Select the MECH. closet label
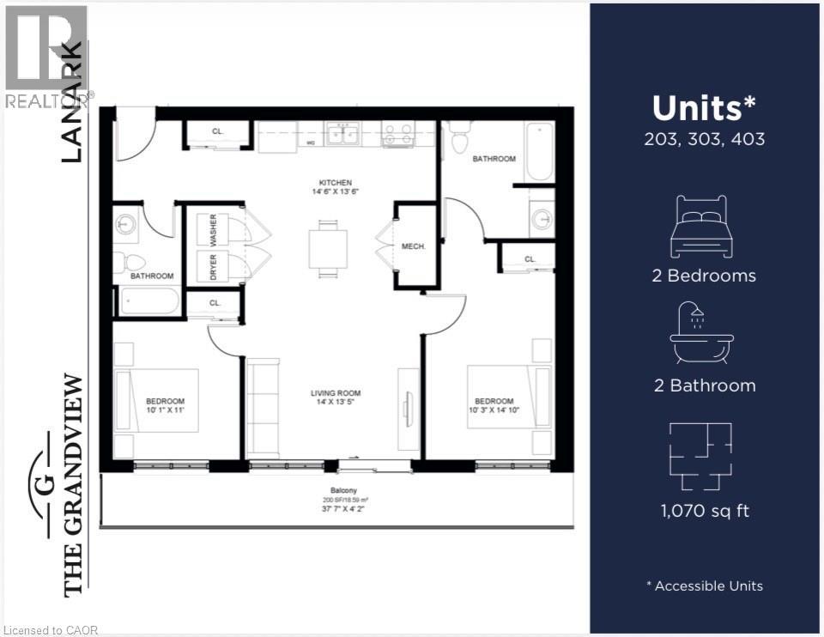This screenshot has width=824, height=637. tap(414, 246)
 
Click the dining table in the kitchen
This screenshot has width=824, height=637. tap(329, 249)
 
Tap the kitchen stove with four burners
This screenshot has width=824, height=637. tap(398, 135)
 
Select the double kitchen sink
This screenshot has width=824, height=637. tap(342, 135)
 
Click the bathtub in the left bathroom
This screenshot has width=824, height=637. tap(149, 301)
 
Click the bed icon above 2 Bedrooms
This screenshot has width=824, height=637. tap(704, 227)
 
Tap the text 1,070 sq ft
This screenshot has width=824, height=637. tap(705, 511)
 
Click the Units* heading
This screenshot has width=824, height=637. tap(705, 109)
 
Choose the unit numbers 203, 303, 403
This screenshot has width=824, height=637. tap(705, 139)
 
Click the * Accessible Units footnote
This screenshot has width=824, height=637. tap(705, 586)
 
